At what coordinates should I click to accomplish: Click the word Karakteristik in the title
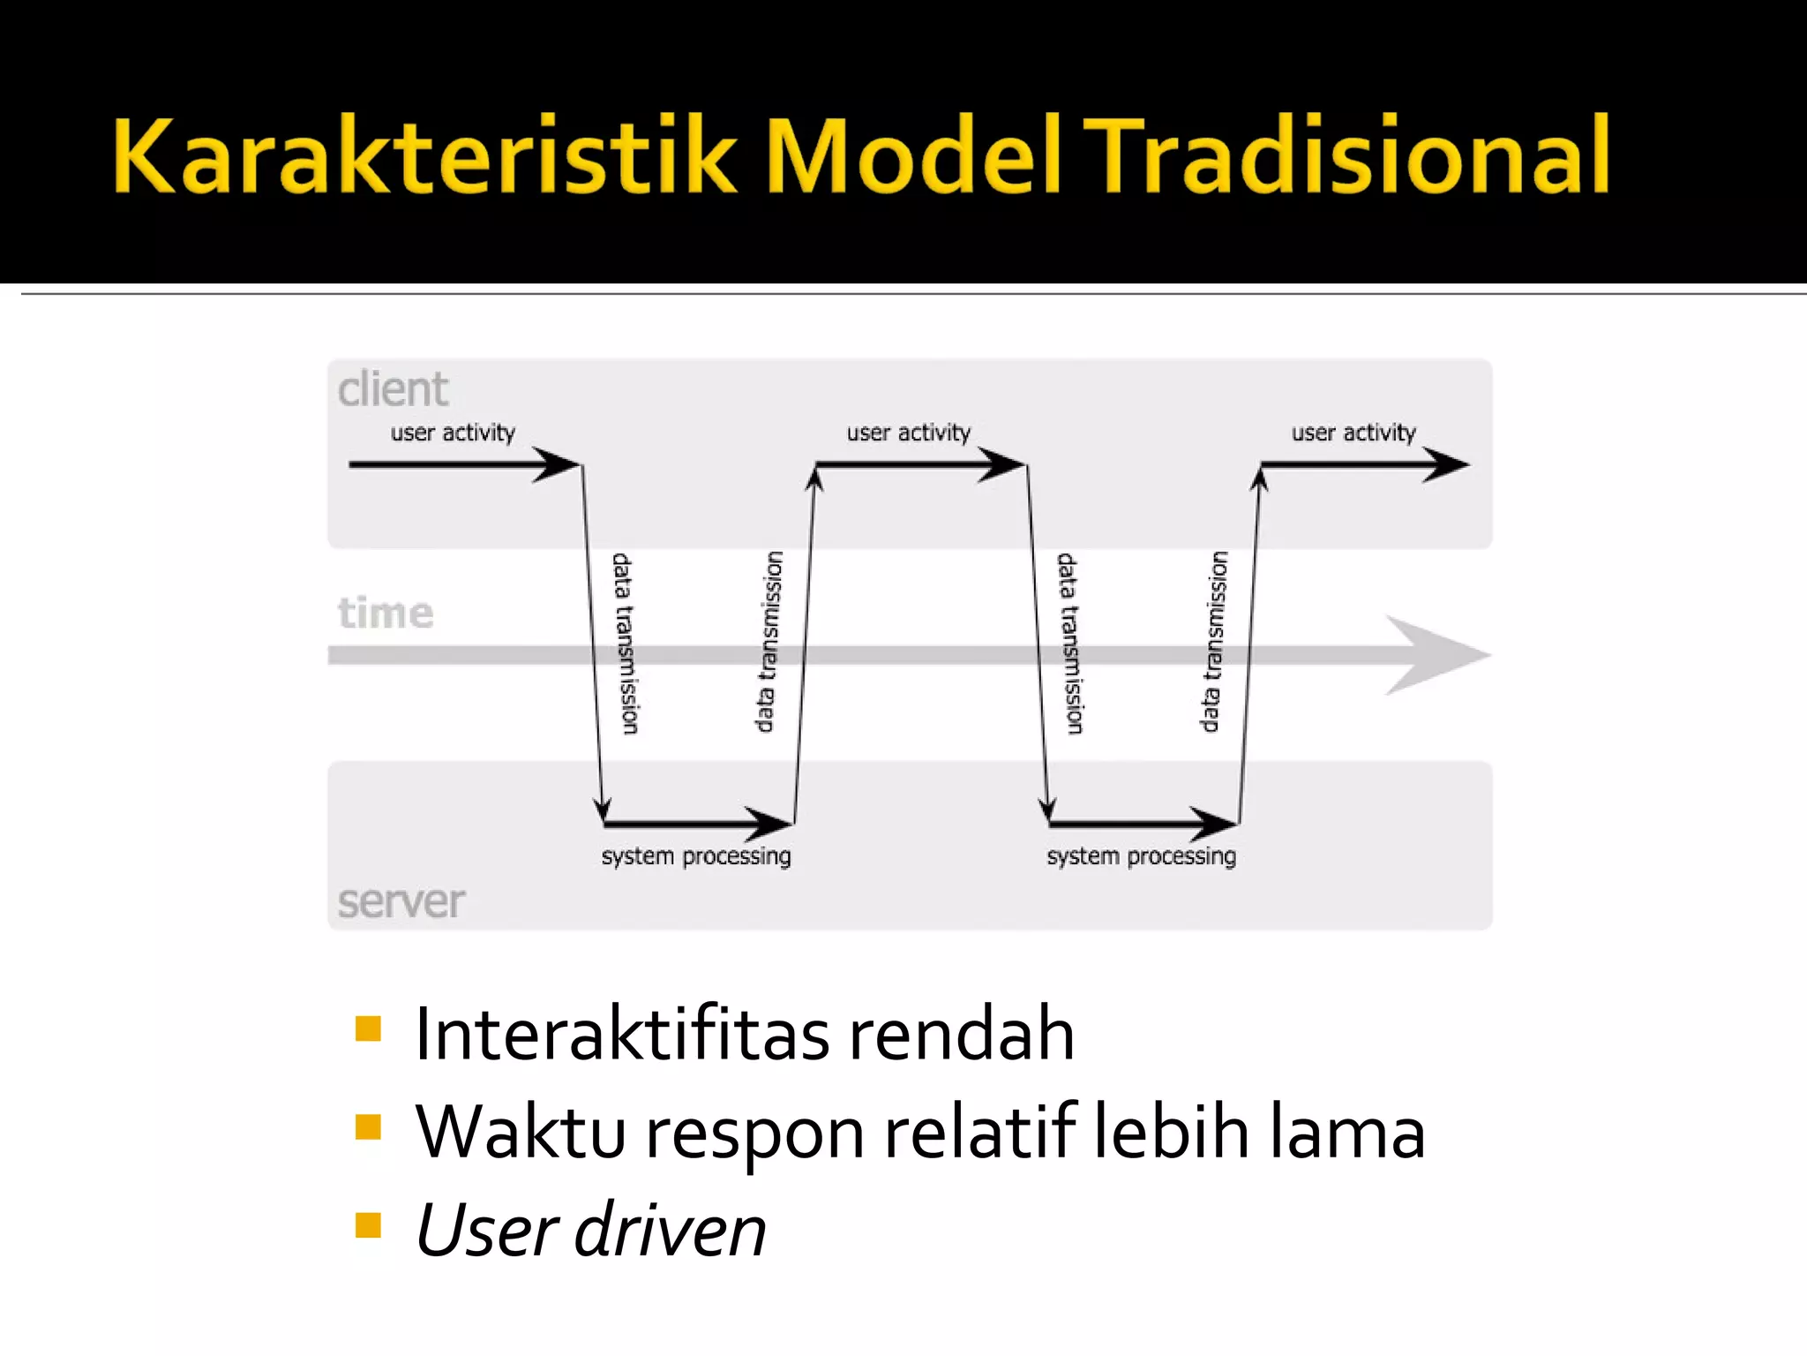click(x=424, y=155)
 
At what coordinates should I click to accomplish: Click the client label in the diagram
click(x=393, y=389)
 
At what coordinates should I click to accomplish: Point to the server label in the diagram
click(x=401, y=901)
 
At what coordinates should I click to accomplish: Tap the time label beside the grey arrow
click(x=386, y=613)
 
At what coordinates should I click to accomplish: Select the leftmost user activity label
click(x=453, y=433)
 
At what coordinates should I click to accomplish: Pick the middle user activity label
click(x=908, y=433)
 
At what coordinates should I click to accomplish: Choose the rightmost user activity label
click(x=1353, y=433)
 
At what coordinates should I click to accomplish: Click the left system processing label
click(x=696, y=856)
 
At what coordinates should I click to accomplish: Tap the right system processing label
click(x=1141, y=856)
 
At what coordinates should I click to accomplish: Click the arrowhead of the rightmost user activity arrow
click(x=1447, y=464)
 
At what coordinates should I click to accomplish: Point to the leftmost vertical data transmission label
click(x=624, y=644)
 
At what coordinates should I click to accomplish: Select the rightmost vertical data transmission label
click(x=1214, y=642)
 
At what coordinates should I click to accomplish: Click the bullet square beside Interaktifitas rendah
click(x=368, y=1029)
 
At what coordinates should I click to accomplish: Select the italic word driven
click(x=671, y=1231)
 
